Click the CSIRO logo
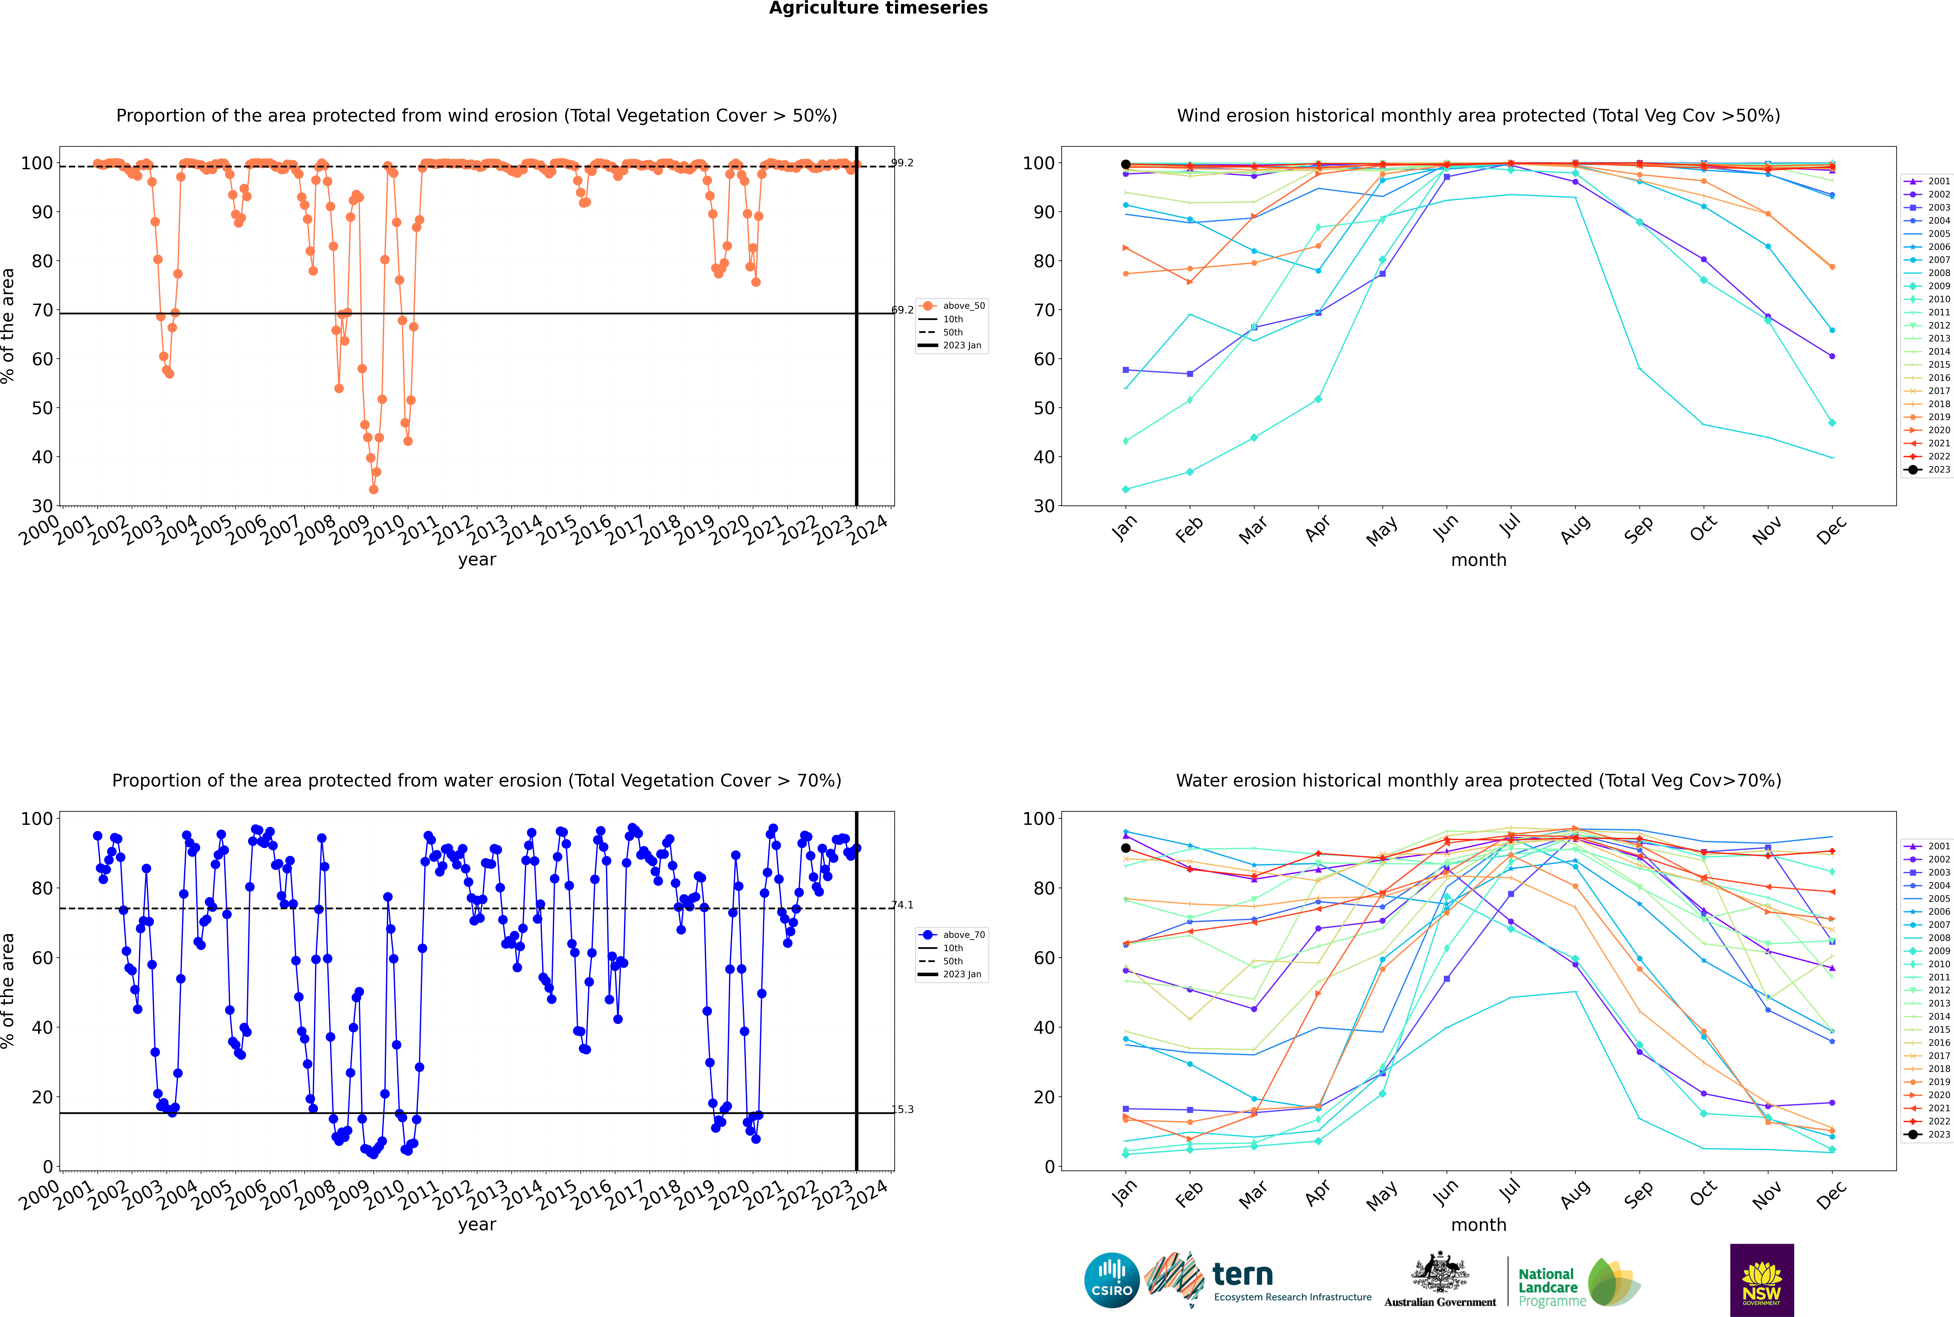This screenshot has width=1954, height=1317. coord(1111,1280)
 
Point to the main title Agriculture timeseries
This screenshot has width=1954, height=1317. coord(878,8)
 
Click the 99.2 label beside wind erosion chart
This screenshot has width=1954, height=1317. coord(902,163)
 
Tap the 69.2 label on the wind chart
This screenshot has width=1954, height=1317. coord(902,310)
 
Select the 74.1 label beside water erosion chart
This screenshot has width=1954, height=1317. coord(902,905)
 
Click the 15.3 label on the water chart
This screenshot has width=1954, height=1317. coord(902,1110)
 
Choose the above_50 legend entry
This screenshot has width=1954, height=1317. coord(952,306)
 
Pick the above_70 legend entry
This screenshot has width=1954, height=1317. coord(952,935)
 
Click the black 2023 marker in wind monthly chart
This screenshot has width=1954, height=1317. coord(1126,165)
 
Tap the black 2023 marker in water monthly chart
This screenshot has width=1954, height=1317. coord(1126,848)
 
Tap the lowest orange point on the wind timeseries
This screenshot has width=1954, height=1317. coord(374,490)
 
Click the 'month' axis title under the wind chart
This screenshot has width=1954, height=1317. coord(1478,560)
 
